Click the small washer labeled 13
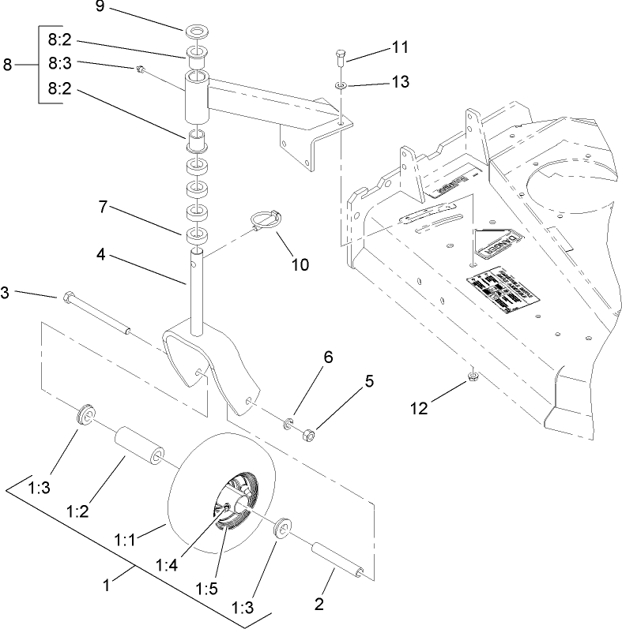pos(340,85)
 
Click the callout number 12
pos(420,408)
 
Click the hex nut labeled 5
pos(310,434)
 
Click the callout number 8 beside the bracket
pos(7,66)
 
